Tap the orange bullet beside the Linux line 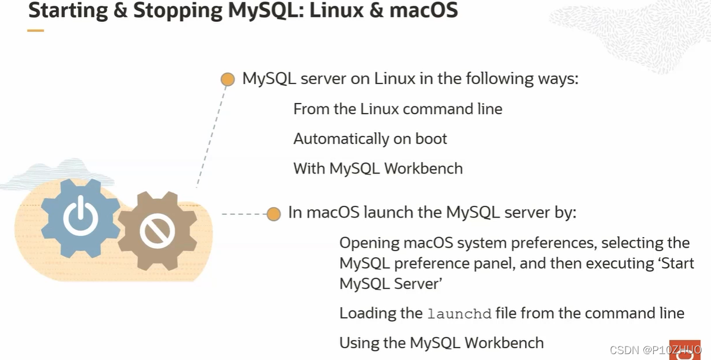pos(228,79)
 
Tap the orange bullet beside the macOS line pos(274,214)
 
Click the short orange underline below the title pos(36,31)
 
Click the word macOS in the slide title pos(424,11)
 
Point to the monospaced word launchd pos(459,314)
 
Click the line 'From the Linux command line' pos(398,109)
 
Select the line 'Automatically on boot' pos(370,139)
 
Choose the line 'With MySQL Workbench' pos(378,169)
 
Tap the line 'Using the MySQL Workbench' pos(441,342)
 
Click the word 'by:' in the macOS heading pos(563,212)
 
